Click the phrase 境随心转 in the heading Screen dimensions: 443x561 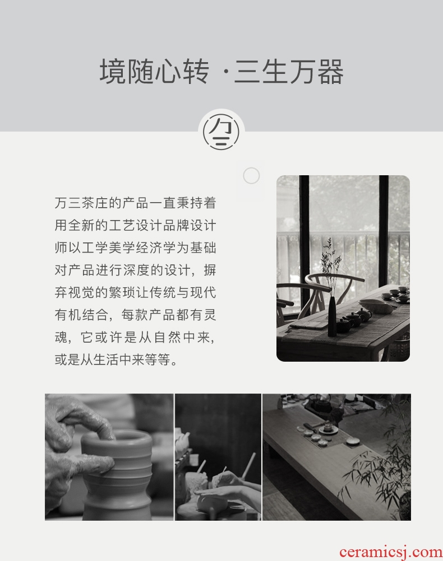(154, 72)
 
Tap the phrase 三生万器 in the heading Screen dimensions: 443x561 (289, 72)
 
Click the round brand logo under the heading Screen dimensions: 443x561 (221, 131)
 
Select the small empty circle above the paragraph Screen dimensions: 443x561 (251, 176)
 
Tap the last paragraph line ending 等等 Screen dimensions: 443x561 (116, 359)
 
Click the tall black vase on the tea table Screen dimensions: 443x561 (333, 317)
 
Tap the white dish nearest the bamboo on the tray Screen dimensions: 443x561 (354, 442)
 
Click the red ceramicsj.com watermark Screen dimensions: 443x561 (391, 552)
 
